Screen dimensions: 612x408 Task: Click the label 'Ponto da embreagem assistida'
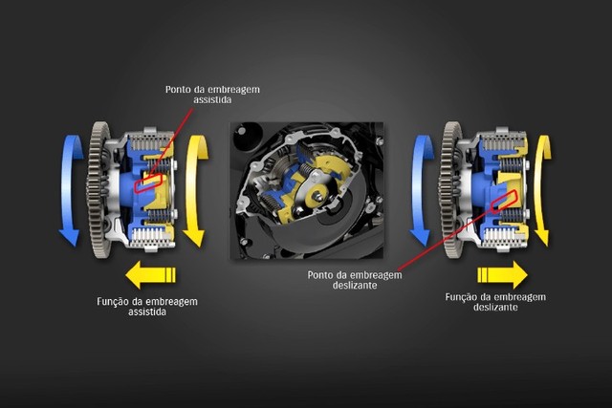coord(212,95)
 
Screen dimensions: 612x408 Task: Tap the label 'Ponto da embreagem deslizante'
coord(355,280)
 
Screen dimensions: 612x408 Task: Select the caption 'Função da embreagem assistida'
coord(147,307)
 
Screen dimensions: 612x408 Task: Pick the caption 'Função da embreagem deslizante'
coord(495,302)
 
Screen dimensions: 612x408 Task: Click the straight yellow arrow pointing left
coord(151,275)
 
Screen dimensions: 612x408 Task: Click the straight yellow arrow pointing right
coord(503,274)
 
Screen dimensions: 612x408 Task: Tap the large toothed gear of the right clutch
coord(448,189)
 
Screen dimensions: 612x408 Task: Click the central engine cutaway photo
coord(307,191)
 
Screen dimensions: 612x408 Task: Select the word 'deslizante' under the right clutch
coord(495,307)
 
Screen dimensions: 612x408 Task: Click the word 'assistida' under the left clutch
coord(147,311)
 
